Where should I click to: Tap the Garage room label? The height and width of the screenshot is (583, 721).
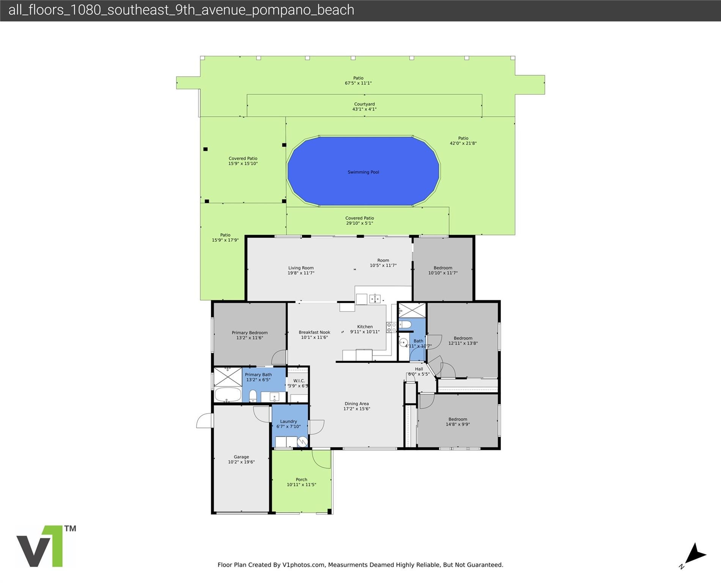coord(241,457)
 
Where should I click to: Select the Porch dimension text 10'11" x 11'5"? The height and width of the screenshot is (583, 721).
coord(301,485)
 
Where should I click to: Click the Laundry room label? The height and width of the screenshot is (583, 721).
coord(288,421)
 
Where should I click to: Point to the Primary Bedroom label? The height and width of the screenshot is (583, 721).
coord(250,333)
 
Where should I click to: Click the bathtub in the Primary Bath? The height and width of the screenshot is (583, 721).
coord(228,395)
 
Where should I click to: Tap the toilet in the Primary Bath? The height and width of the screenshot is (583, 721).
coord(253,396)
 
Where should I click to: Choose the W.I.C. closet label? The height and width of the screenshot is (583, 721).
coord(299,381)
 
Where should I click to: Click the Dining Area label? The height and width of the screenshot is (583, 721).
coord(357,404)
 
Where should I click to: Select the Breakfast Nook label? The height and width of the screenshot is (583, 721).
coord(314,332)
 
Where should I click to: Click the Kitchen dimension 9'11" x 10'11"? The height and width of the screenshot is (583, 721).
coord(365,332)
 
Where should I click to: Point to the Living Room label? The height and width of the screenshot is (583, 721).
coord(301,268)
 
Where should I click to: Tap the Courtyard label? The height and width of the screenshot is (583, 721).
coord(364,104)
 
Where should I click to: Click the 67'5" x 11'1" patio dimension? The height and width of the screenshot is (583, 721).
coord(358,83)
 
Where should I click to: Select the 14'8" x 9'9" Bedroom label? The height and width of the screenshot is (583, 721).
coord(458,422)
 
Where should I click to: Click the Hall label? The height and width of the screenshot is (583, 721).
coord(419,369)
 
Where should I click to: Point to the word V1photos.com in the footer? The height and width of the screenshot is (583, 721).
coord(304,565)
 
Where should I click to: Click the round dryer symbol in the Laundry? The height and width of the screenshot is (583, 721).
coord(302,442)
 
